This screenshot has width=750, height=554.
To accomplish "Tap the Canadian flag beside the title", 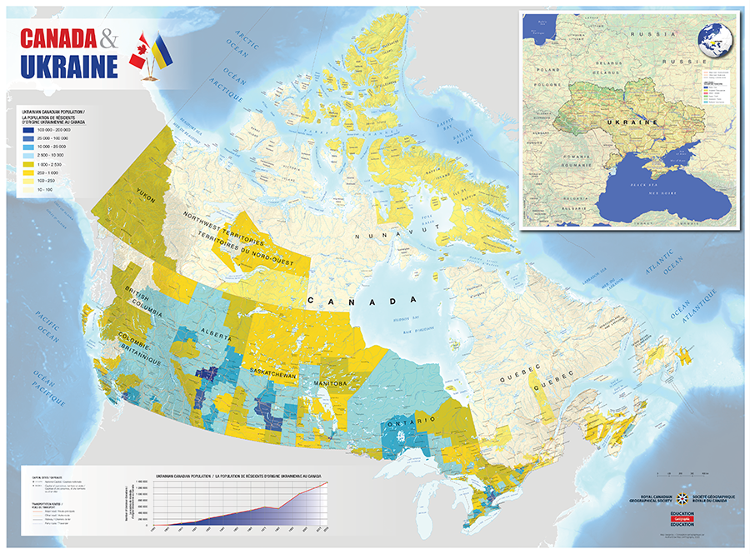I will [x=139, y=52].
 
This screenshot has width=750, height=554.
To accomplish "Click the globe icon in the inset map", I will [x=712, y=42].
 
